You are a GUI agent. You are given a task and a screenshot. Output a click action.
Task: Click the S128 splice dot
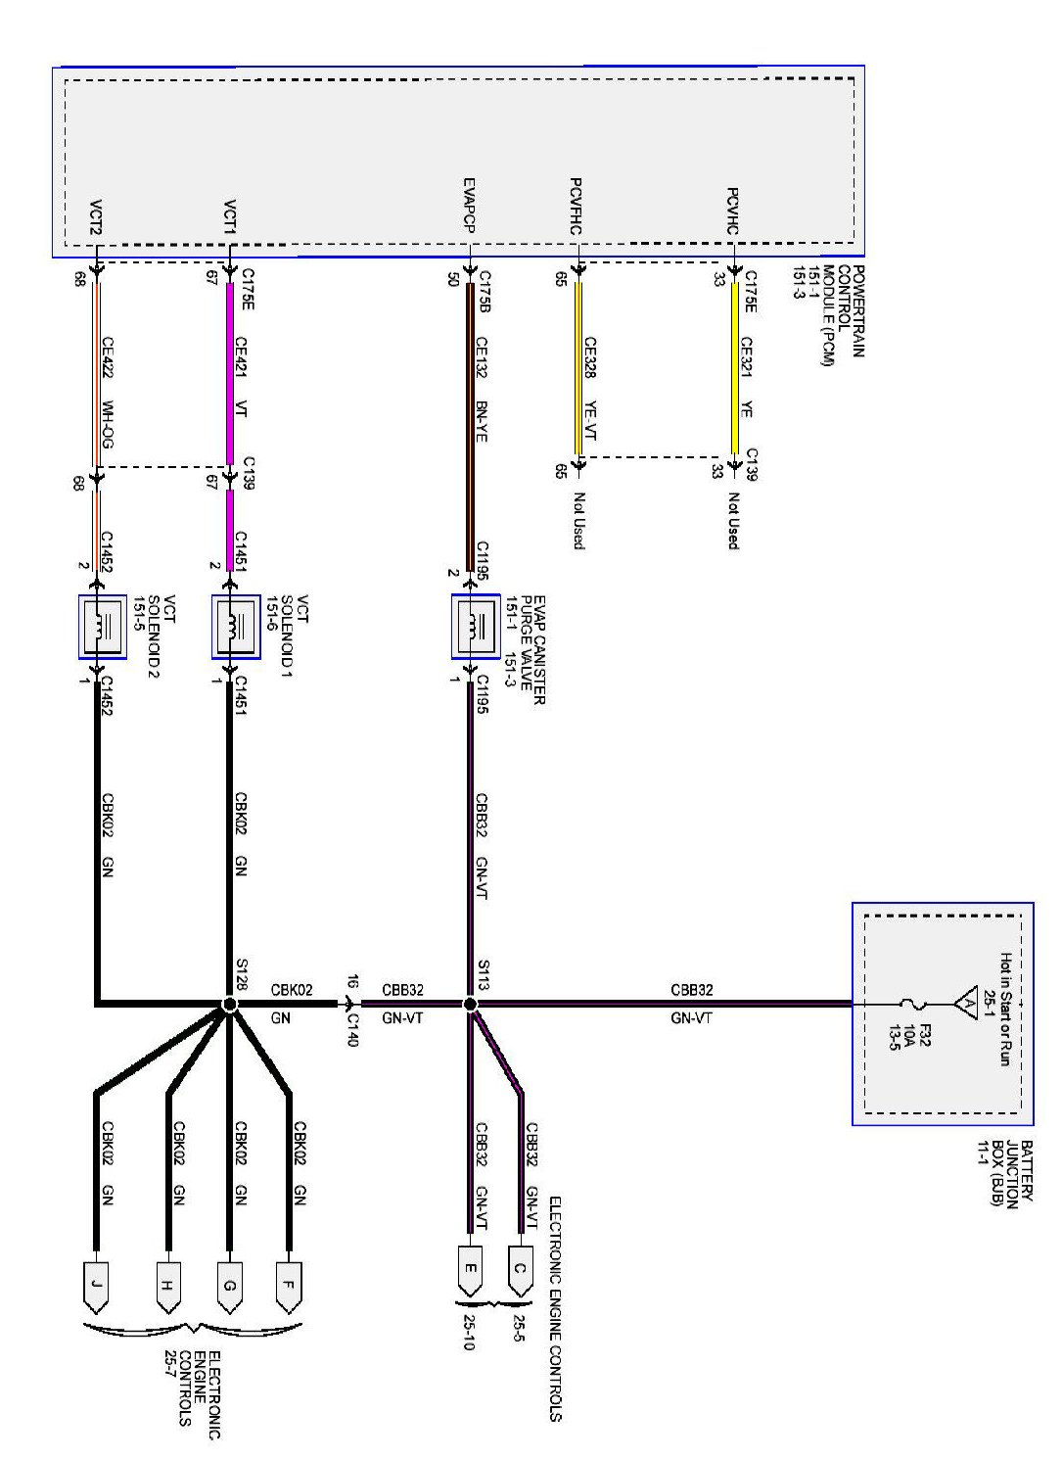pyautogui.click(x=230, y=1004)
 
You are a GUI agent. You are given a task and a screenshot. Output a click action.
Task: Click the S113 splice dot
pyautogui.click(x=470, y=1004)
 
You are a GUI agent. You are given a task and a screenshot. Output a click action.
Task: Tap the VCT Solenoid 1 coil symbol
pyautogui.click(x=237, y=626)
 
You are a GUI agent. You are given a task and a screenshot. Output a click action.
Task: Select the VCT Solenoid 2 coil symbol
pyautogui.click(x=103, y=626)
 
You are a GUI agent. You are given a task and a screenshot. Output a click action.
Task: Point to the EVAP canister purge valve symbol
pyautogui.click(x=476, y=626)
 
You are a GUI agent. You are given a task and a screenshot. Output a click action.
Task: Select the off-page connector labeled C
pyautogui.click(x=520, y=1271)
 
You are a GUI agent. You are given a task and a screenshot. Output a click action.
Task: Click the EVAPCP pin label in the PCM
pyautogui.click(x=469, y=207)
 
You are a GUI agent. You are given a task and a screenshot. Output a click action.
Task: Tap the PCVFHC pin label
pyautogui.click(x=577, y=207)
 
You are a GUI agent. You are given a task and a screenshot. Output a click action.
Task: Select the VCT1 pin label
pyautogui.click(x=229, y=217)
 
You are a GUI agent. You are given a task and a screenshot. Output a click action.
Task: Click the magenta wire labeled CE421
pyautogui.click(x=230, y=372)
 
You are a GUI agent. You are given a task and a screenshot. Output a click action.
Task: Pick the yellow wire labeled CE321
pyautogui.click(x=734, y=372)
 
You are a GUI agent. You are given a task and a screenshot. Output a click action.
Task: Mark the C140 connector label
pyautogui.click(x=353, y=1029)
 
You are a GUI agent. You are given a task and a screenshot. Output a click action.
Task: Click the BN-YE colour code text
pyautogui.click(x=481, y=421)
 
